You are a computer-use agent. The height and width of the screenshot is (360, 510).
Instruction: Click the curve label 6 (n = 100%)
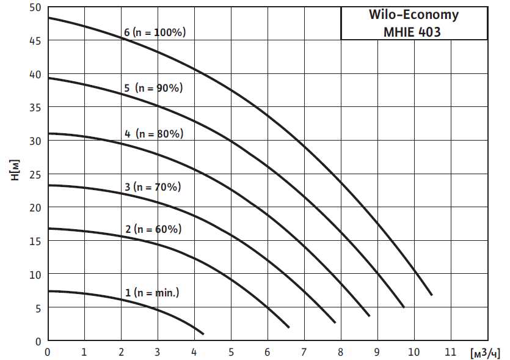pyautogui.click(x=154, y=32)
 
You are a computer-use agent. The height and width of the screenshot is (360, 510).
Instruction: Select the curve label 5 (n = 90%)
pyautogui.click(x=153, y=88)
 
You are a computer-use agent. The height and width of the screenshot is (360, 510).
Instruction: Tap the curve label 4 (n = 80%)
pyautogui.click(x=154, y=133)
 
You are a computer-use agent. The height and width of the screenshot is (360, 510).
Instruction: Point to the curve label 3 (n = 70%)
pyautogui.click(x=153, y=187)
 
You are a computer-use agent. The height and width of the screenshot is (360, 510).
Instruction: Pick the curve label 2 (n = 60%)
pyautogui.click(x=153, y=230)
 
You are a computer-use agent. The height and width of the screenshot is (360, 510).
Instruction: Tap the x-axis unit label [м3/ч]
pyautogui.click(x=486, y=353)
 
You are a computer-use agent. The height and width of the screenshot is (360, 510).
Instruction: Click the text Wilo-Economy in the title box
pyautogui.click(x=413, y=15)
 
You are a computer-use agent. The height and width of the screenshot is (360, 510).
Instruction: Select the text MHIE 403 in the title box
pyautogui.click(x=413, y=31)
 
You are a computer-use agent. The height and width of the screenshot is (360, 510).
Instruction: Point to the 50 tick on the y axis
pyautogui.click(x=35, y=7)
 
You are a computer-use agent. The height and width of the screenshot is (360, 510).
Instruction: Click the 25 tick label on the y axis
pyautogui.click(x=35, y=174)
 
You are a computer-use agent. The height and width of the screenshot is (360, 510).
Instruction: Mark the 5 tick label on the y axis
pyautogui.click(x=38, y=307)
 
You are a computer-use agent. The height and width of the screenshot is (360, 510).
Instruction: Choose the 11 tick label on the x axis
pyautogui.click(x=450, y=352)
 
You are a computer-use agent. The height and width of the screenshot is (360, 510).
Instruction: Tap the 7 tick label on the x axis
pyautogui.click(x=304, y=352)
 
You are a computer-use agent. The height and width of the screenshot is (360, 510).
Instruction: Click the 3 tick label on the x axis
pyautogui.click(x=158, y=352)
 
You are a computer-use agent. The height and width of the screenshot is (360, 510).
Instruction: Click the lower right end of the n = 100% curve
pyautogui.click(x=432, y=295)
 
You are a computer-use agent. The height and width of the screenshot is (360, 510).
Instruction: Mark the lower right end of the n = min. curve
pyautogui.click(x=203, y=334)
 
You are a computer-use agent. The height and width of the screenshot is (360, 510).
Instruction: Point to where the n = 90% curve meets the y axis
pyautogui.click(x=48, y=78)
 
